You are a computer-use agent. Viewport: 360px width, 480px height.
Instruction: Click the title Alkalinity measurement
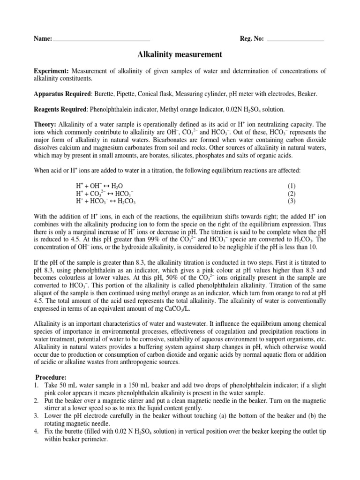[x=180, y=55]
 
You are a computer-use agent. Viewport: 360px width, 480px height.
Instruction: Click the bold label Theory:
[x=45, y=124]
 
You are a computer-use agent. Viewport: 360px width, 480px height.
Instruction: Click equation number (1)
[x=292, y=186]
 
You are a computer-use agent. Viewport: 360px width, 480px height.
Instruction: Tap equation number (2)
[x=292, y=193]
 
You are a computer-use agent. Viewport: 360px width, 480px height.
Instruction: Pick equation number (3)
[x=292, y=201]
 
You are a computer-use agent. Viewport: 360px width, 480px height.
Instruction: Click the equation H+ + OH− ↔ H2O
[x=99, y=186]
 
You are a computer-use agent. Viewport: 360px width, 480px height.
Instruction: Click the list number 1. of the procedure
[x=37, y=385]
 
